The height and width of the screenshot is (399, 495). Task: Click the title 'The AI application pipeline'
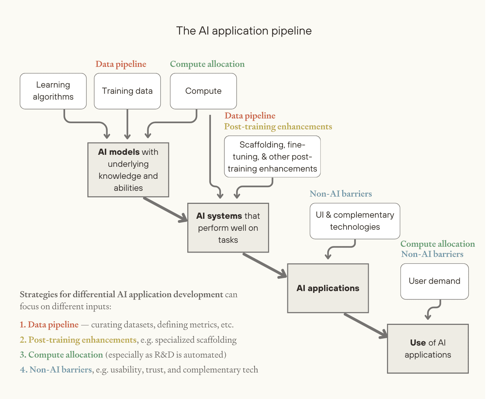[x=244, y=31]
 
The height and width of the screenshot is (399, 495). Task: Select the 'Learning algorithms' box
[x=53, y=91]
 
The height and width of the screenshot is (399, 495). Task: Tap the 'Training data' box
[x=127, y=91]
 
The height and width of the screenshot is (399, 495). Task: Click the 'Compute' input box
[x=203, y=91]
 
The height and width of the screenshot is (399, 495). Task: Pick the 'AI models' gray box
[x=128, y=170]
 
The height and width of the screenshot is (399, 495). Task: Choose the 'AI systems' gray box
[x=228, y=228]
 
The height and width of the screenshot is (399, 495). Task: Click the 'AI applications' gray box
[x=328, y=288]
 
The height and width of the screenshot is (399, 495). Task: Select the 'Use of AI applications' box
[x=428, y=348]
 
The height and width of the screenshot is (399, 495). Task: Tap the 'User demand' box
[x=435, y=281]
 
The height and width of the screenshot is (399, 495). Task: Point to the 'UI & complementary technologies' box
[x=355, y=221]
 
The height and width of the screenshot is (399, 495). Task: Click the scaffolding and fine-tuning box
[x=272, y=157]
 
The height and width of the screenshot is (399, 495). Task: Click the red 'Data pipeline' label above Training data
[x=121, y=64]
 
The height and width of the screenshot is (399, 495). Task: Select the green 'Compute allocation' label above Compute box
[x=207, y=64]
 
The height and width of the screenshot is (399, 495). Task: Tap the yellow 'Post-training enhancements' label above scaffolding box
[x=278, y=127]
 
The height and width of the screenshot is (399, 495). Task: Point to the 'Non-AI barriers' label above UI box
[x=341, y=194]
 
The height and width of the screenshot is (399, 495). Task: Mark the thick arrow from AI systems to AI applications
[x=265, y=266]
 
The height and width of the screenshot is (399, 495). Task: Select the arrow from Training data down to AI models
[x=127, y=124]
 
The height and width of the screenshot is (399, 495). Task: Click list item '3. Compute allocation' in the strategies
[x=61, y=355]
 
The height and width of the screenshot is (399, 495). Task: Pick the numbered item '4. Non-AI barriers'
[x=56, y=370]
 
